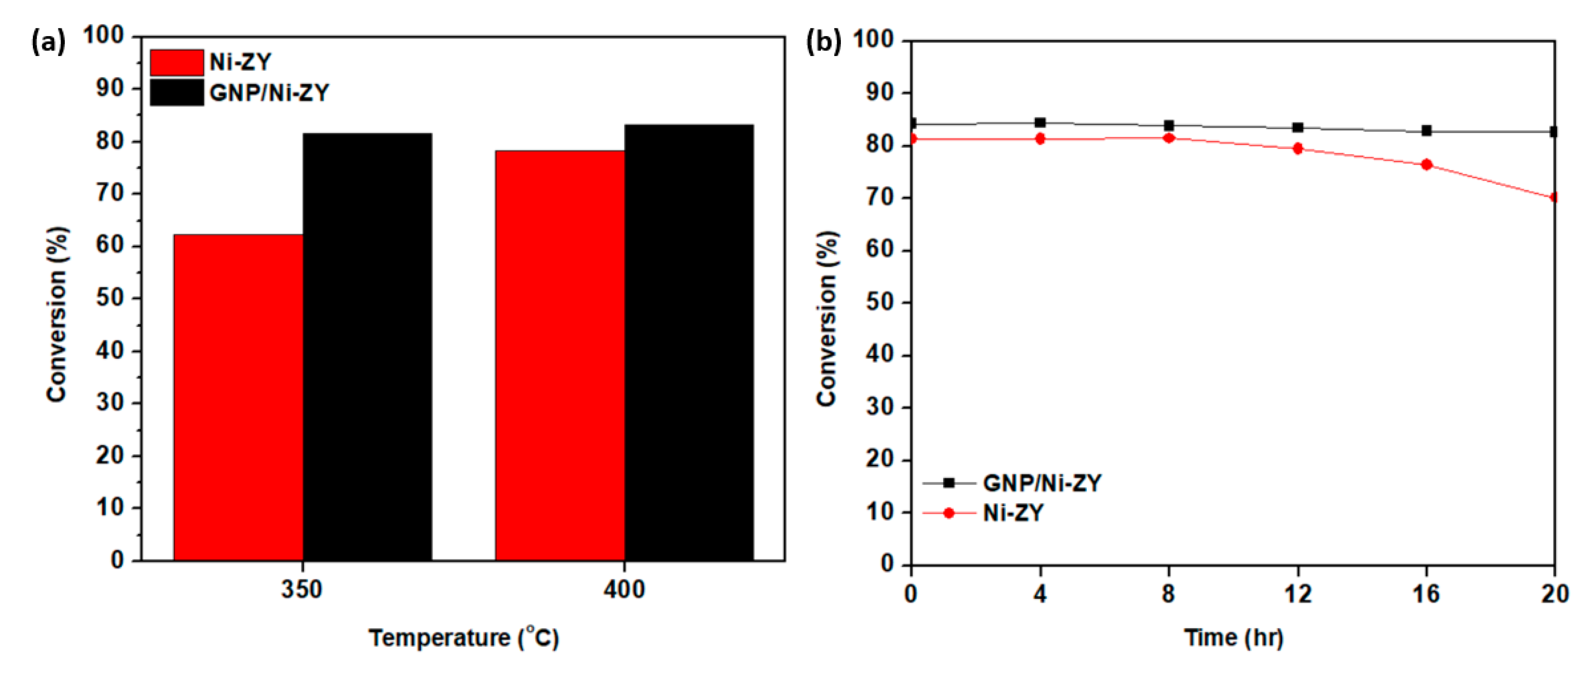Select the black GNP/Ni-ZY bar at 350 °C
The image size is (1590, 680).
pos(367,346)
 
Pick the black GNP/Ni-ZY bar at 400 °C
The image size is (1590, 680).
pos(689,343)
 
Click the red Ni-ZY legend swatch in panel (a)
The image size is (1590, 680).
pos(176,62)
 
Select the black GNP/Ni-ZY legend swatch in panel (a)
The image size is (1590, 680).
pos(176,93)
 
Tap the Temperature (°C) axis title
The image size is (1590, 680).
pos(464,638)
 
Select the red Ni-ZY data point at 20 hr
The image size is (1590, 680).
pos(1553,198)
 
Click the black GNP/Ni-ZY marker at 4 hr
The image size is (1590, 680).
pos(1040,123)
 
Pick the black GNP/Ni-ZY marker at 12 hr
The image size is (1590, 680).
pos(1298,128)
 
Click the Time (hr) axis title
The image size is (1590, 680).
pos(1233,638)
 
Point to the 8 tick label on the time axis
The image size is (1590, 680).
pos(1168,594)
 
